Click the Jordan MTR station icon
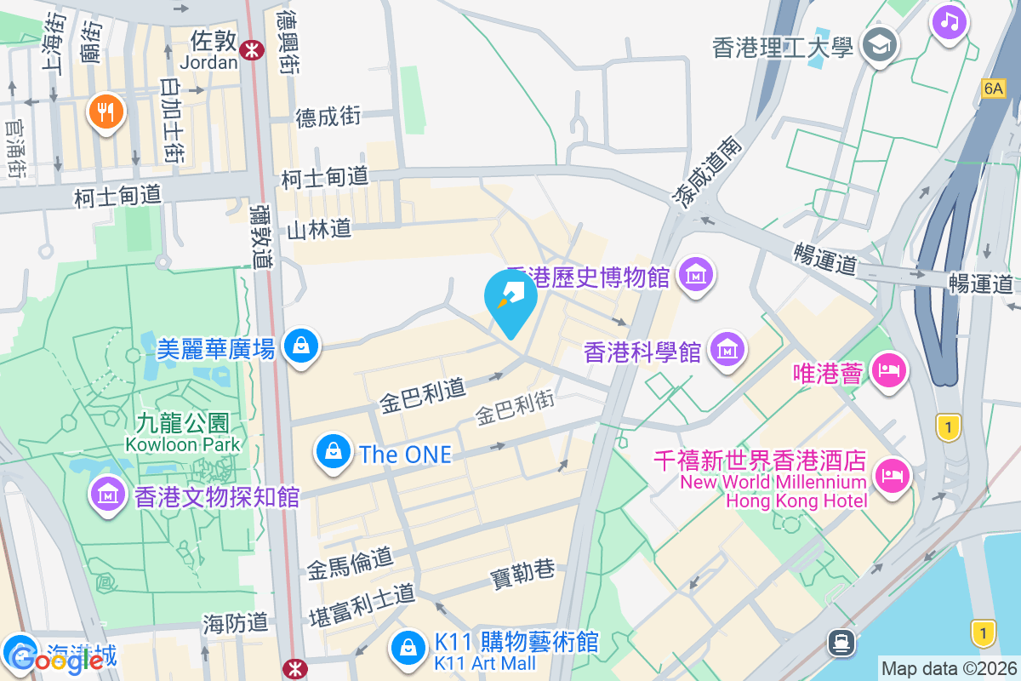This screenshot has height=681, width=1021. [251, 49]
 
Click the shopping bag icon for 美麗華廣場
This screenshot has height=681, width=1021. [300, 346]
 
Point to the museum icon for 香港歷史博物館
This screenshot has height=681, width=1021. [696, 275]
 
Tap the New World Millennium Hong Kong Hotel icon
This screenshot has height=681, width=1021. [890, 475]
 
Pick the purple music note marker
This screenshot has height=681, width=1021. [950, 20]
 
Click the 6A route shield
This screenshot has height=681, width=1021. [992, 88]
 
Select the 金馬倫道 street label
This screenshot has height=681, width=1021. [351, 563]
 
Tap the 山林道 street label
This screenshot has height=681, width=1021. [319, 229]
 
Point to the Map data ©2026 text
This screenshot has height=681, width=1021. [949, 669]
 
